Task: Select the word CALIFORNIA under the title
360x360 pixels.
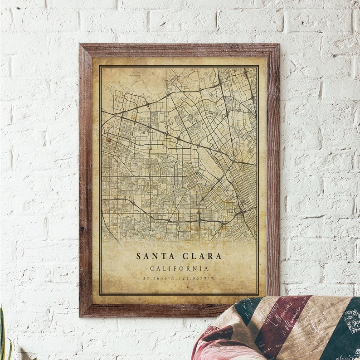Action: (179, 268)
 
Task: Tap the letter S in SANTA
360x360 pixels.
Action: (139, 256)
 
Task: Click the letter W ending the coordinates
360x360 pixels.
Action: (214, 278)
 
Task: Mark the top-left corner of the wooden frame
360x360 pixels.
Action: (80, 45)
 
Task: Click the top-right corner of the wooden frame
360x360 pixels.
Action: (277, 45)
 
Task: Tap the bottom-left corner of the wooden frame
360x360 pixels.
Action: (80, 315)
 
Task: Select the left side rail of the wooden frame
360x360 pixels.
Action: (85, 181)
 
